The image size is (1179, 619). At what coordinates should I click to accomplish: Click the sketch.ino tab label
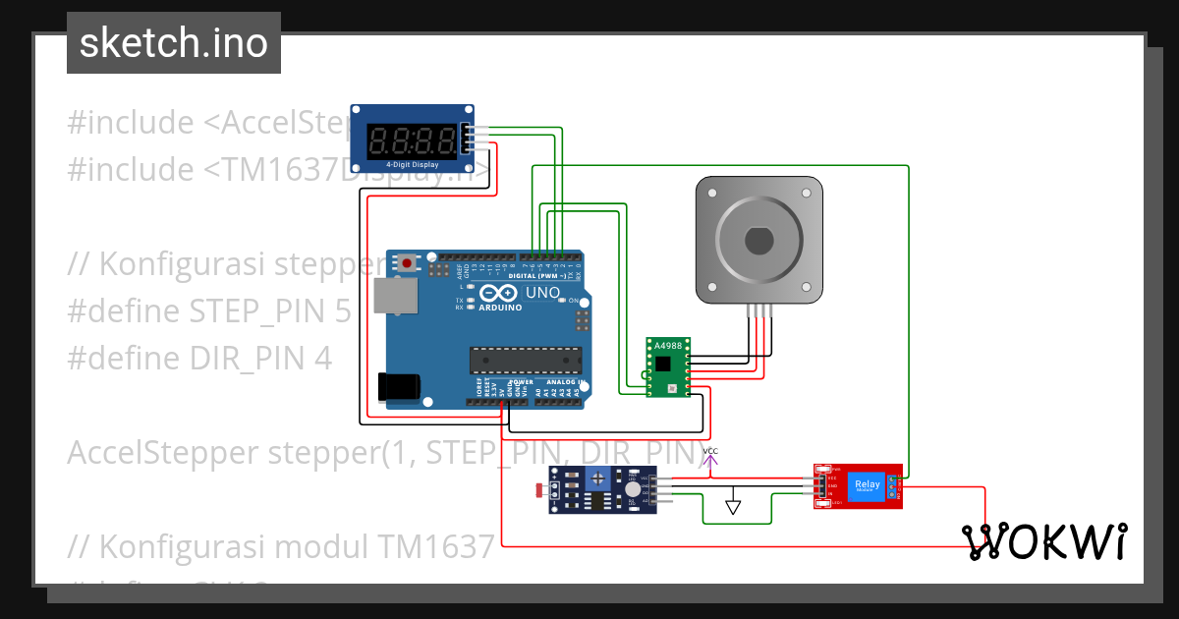point(174,43)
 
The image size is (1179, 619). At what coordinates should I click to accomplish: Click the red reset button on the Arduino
point(407,262)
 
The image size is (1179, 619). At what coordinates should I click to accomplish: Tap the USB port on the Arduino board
point(392,295)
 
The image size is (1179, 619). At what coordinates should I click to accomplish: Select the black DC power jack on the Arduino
point(401,387)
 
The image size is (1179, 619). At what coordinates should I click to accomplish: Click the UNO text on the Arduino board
point(541,293)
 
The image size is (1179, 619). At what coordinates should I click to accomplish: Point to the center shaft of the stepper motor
point(758,240)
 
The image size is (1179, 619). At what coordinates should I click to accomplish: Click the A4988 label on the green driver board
point(667,346)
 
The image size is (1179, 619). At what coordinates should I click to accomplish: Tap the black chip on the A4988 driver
point(665,363)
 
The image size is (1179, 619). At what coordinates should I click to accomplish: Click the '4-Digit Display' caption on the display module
point(412,164)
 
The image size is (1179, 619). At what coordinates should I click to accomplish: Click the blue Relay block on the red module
point(867,484)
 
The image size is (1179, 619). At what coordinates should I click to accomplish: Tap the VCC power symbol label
point(710,451)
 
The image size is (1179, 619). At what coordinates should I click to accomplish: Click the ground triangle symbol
point(733,507)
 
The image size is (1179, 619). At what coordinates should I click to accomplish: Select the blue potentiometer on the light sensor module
point(597,478)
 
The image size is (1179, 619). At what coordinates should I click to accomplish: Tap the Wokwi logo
point(1043,541)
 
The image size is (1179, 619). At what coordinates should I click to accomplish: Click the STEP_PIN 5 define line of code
point(208,311)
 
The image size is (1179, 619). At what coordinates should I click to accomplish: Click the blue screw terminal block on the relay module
point(894,486)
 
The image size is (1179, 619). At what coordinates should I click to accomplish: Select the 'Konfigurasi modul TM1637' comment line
point(280,545)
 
